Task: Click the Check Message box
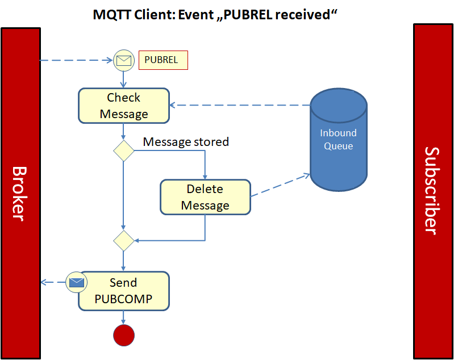124,106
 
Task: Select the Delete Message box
205,197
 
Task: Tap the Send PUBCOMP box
123,291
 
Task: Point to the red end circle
124,335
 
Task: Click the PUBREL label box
163,60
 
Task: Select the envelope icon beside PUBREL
124,60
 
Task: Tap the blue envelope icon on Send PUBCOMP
76,282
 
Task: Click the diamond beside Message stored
123,151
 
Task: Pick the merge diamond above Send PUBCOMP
123,241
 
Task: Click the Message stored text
186,142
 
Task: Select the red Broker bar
20,193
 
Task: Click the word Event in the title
195,15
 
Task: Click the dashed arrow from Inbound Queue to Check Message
239,105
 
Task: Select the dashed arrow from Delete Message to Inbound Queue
280,186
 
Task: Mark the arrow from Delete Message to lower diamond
205,227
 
